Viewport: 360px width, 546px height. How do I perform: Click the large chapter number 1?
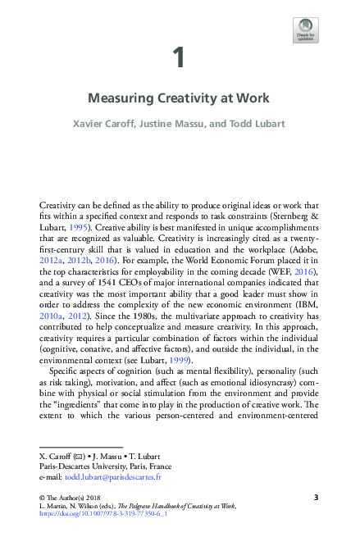coord(179,57)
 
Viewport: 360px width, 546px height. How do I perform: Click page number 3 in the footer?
coord(316,497)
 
